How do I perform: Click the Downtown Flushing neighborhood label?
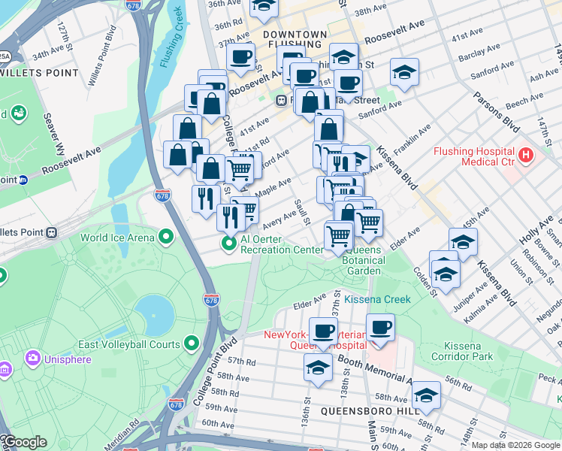point(295,41)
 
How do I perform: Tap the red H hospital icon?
point(525,156)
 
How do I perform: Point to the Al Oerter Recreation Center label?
point(270,244)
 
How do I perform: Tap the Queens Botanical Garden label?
point(363,260)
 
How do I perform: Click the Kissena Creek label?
point(378,299)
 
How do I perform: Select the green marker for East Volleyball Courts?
point(192,344)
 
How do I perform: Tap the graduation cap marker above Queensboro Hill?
point(426,396)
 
